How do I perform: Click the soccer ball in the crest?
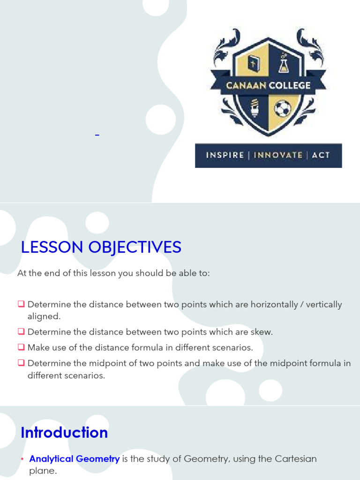tap(282, 109)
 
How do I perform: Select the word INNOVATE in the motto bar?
tap(278, 155)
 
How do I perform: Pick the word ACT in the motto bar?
tap(321, 155)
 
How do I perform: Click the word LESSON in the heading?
tap(52, 247)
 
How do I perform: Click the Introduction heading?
tap(64, 432)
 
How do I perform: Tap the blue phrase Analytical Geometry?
tap(74, 459)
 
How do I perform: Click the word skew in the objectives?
tap(262, 332)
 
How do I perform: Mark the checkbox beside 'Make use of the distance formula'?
tap(21, 347)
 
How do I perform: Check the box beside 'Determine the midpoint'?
tap(21, 363)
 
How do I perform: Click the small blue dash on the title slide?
tap(97, 135)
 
